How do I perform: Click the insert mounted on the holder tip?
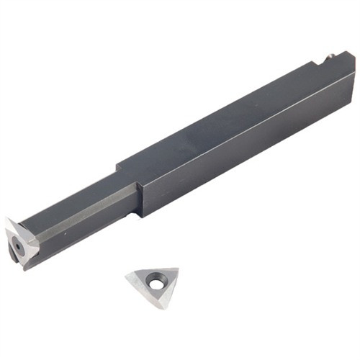(x=19, y=240)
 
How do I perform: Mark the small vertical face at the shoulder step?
(x=143, y=193)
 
